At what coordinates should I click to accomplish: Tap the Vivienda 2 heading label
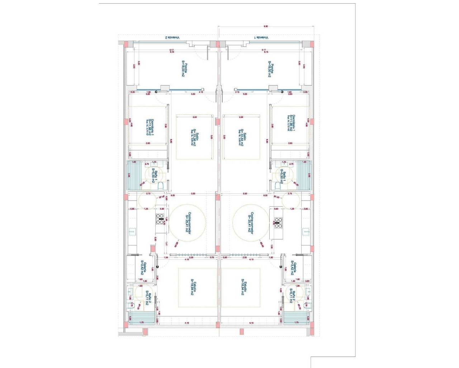point(172,37)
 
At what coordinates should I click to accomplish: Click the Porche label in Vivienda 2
point(184,69)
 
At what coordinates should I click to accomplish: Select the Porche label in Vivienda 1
point(271,69)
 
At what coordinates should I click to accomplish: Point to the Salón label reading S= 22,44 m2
point(241,138)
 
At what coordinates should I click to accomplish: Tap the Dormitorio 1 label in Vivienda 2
point(151,127)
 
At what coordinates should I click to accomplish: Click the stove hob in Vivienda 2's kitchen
point(160,219)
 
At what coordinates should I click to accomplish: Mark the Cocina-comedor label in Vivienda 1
point(251,223)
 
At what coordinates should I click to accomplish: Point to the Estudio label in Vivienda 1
point(244,287)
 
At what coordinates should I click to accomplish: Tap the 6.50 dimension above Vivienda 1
point(266,26)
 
